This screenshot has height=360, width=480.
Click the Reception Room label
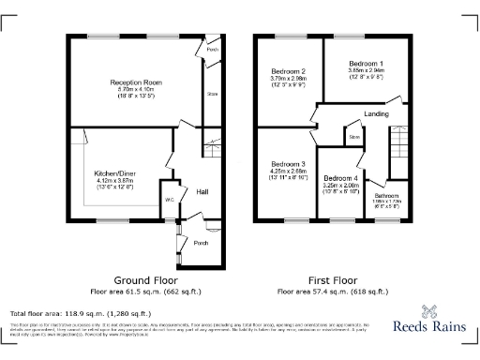click(136, 82)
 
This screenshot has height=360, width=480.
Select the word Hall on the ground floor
click(202, 191)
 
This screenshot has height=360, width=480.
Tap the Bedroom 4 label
click(340, 178)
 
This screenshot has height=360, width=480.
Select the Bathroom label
click(385, 194)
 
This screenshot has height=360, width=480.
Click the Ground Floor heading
click(146, 280)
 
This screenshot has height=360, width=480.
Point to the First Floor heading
click(335, 280)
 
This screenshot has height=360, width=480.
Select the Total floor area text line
click(80, 313)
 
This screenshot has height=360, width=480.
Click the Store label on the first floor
click(354, 137)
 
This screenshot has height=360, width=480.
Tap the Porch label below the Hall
click(200, 241)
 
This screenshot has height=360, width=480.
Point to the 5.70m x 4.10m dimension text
click(136, 89)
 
